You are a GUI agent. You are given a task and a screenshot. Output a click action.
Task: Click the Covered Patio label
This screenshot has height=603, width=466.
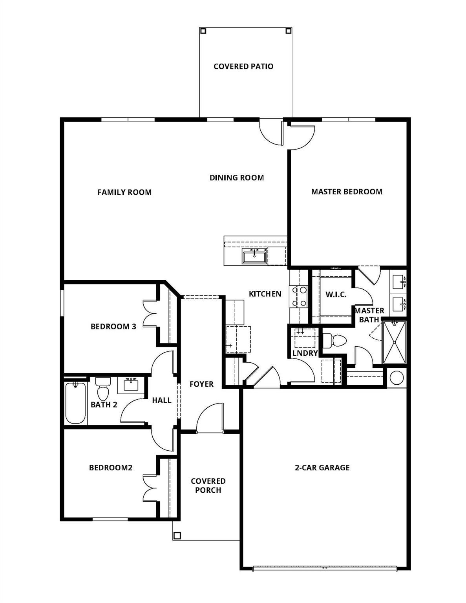coord(243,66)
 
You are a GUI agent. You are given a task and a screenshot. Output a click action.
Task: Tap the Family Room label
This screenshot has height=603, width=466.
coord(124,192)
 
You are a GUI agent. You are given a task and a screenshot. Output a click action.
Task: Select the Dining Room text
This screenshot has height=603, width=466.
coord(236,177)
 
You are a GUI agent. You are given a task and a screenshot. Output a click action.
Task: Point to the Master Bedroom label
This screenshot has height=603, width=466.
coord(347,192)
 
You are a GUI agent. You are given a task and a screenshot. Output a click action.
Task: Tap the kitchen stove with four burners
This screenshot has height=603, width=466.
coord(298,296)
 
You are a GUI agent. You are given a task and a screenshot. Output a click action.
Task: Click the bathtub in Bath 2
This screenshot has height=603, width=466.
coord(75,403)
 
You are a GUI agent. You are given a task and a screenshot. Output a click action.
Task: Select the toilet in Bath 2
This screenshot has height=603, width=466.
coord(103,389)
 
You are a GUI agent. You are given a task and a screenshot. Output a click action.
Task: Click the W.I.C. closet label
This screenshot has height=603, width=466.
coord(336,294)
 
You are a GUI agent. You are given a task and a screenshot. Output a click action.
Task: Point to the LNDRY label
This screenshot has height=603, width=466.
coord(305,353)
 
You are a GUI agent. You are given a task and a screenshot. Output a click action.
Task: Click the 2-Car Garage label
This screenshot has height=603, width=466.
coord(322,468)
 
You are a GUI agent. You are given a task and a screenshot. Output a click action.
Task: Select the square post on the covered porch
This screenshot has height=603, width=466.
coord(177,535)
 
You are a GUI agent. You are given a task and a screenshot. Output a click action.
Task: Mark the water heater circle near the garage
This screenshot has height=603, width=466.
coord(397,378)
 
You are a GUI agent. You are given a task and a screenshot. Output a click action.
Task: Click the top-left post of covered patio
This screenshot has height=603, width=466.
coord(203,31)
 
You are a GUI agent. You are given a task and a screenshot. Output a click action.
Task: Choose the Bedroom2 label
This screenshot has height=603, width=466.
coord(111,468)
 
